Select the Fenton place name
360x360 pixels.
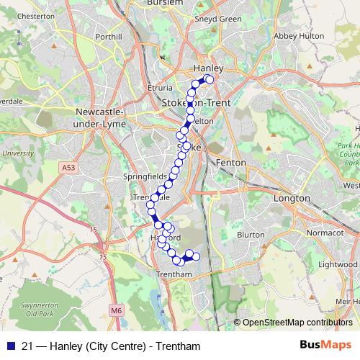[231, 163]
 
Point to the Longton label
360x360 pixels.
[292, 198]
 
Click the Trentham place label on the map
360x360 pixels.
[174, 274]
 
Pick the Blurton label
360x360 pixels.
[251, 234]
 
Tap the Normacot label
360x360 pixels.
[323, 233]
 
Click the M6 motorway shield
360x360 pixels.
[117, 310]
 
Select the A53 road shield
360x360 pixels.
[68, 167]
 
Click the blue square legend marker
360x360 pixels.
[9, 346]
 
